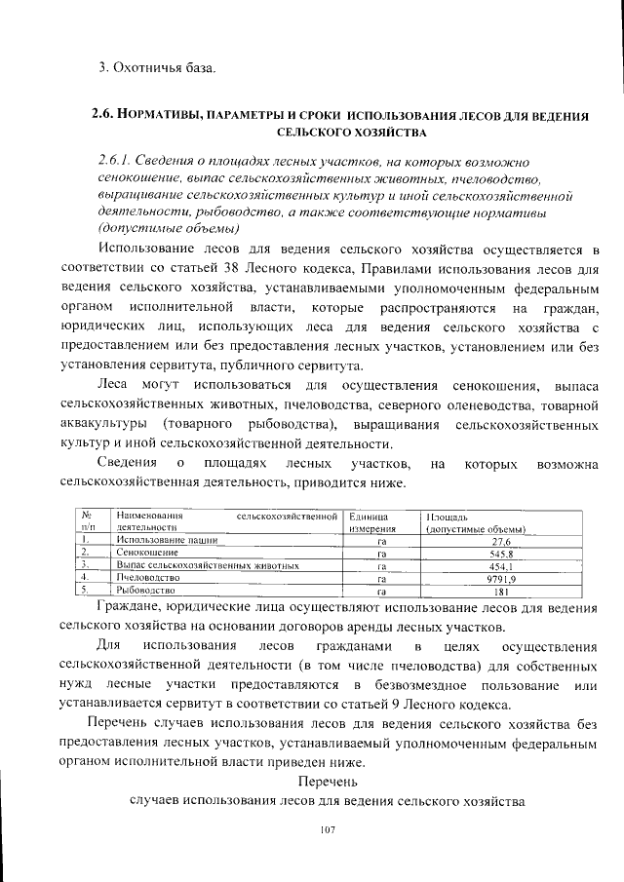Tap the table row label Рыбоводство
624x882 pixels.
(145, 591)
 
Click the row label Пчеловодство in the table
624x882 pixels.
(148, 578)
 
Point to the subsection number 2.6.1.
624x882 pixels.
(115, 160)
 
